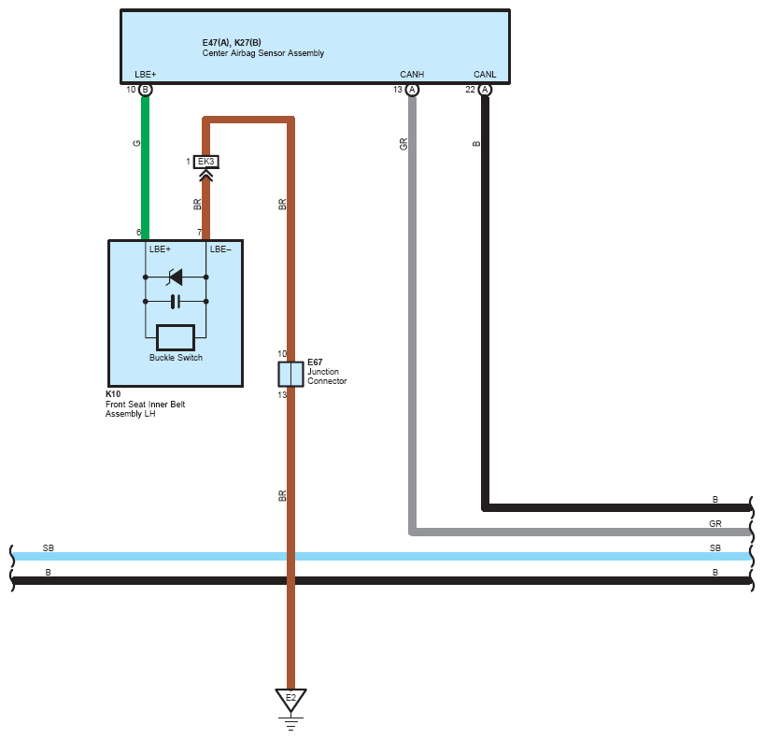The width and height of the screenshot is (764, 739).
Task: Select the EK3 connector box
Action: [206, 162]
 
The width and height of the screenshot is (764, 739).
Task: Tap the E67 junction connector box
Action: [290, 375]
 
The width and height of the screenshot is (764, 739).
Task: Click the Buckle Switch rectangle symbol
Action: [176, 337]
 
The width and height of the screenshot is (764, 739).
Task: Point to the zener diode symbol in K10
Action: [175, 277]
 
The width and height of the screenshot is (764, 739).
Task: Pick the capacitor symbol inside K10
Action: [176, 301]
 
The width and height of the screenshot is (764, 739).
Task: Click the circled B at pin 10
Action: [145, 90]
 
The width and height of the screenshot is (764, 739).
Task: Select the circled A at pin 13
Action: [412, 90]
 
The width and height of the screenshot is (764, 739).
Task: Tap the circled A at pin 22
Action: [485, 90]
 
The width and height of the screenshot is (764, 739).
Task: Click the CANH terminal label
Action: [412, 74]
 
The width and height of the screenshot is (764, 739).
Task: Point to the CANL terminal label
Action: [485, 74]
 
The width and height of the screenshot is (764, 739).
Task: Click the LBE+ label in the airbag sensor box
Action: [145, 74]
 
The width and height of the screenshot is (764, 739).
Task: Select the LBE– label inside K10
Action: [220, 249]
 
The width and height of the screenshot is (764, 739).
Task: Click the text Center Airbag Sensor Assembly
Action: [263, 53]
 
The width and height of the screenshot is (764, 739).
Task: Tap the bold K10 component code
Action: [113, 394]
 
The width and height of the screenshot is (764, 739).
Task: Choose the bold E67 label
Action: [315, 362]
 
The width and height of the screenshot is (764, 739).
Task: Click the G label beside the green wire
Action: [136, 143]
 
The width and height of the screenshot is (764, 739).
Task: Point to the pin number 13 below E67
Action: [282, 395]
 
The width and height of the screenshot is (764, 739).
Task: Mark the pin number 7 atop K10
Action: [199, 233]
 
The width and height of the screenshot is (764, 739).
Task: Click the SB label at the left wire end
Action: [49, 547]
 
